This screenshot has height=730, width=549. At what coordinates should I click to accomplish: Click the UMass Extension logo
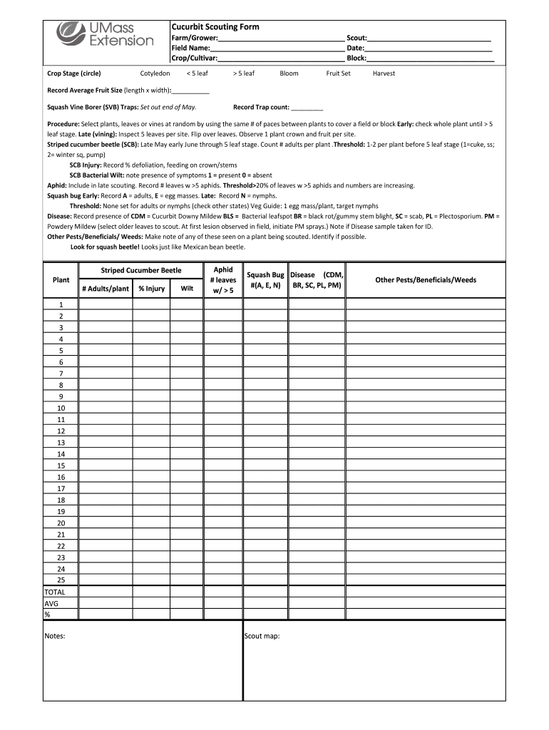click(105, 34)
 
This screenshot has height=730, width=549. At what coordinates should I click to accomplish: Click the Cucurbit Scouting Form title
click(215, 26)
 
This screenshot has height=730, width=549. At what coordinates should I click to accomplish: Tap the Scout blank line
click(429, 38)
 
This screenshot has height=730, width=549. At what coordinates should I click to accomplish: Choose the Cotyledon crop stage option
click(155, 73)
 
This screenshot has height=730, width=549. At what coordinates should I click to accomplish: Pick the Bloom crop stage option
click(289, 73)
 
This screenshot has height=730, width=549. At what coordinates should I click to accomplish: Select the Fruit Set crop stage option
click(338, 73)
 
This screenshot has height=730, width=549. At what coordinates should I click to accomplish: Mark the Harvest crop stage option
click(384, 73)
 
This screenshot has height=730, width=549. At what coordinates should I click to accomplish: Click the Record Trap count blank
click(307, 108)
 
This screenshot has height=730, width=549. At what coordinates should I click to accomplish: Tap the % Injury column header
click(151, 289)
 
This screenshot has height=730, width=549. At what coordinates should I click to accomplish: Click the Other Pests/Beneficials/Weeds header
click(426, 280)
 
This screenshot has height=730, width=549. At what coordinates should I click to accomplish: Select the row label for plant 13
click(61, 443)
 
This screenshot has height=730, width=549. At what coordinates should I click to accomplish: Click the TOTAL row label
click(55, 592)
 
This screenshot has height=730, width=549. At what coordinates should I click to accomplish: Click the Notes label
click(55, 636)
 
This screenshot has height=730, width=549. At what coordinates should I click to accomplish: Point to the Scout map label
click(262, 636)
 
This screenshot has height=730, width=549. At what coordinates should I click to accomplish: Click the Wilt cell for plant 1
click(186, 304)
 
